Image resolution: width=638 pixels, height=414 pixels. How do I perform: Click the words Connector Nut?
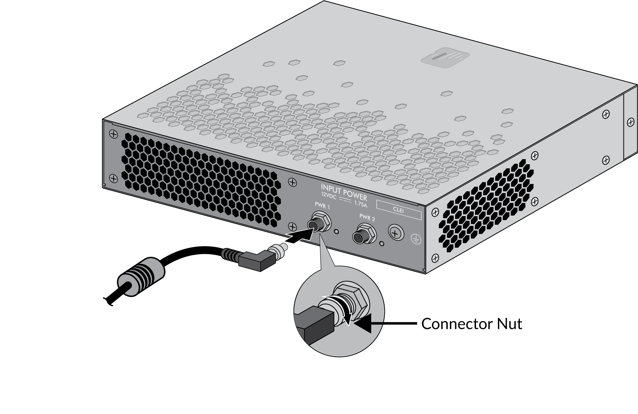click(472, 324)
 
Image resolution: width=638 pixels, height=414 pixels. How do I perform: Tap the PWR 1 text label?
click(322, 206)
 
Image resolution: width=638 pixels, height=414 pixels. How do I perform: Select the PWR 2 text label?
click(367, 217)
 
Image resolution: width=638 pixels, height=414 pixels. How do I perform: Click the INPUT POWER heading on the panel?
click(344, 191)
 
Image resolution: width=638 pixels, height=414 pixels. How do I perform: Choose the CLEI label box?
click(399, 210)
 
